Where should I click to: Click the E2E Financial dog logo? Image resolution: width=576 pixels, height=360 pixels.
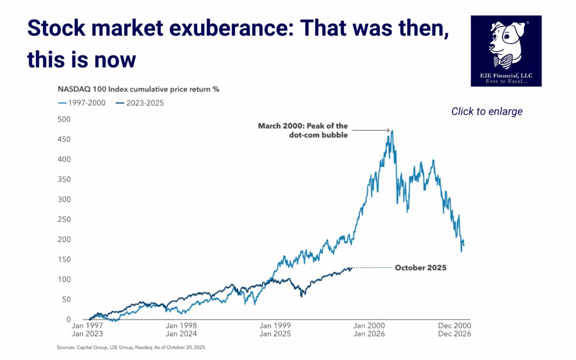click(x=506, y=51)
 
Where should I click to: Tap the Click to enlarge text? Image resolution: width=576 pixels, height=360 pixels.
click(x=486, y=111)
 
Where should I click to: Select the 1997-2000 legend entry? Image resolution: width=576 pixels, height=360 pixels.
click(x=83, y=103)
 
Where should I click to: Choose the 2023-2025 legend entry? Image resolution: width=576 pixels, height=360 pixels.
click(x=140, y=103)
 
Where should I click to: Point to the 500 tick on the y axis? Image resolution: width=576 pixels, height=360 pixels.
click(x=64, y=119)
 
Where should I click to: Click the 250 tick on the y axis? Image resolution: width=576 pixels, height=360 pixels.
click(x=64, y=219)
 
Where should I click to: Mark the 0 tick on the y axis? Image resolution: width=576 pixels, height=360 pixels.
click(x=68, y=319)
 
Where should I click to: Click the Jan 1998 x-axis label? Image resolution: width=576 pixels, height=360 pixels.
click(x=181, y=325)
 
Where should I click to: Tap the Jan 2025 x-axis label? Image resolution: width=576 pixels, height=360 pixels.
click(x=275, y=334)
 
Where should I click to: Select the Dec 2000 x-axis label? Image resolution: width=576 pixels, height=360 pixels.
click(x=455, y=325)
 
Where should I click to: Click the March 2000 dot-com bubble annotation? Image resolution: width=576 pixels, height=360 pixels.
click(x=303, y=130)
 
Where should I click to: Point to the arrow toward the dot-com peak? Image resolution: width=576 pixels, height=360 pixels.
click(x=370, y=130)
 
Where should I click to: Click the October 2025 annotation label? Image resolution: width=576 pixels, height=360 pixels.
click(x=420, y=268)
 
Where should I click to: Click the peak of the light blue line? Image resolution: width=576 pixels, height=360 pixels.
click(x=393, y=131)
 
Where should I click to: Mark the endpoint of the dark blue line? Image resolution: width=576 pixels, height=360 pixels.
click(x=351, y=268)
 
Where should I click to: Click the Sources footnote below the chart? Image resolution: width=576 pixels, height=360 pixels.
click(x=131, y=347)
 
